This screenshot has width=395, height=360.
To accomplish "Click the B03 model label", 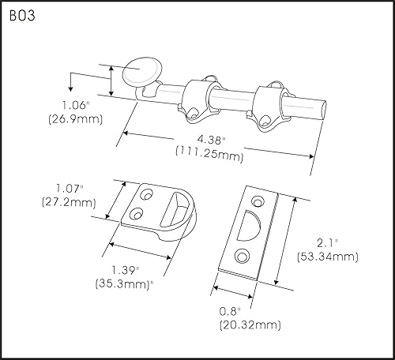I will pyautogui.click(x=23, y=16).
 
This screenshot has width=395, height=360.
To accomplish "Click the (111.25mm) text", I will pyautogui.click(x=213, y=156).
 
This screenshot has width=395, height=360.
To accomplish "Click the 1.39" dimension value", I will pyautogui.click(x=122, y=269).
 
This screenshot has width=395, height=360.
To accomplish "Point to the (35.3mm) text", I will pyautogui.click(x=124, y=283).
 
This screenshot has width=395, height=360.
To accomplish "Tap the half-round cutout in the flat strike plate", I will pyautogui.click(x=256, y=219).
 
